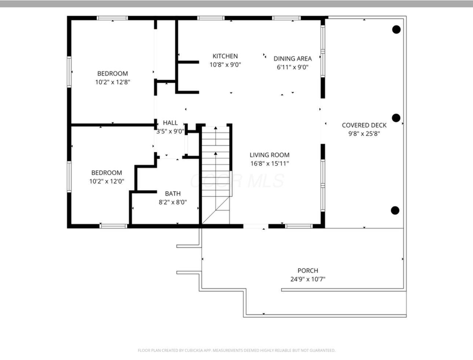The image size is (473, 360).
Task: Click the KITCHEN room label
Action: pos(225,56)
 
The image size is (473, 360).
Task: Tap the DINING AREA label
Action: pos(293,59)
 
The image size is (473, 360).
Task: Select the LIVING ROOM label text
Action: pos(269,155)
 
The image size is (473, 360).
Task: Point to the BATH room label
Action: pos(173,194)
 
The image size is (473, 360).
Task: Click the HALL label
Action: pos(170,123)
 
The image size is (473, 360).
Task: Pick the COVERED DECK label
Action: pos(364,125)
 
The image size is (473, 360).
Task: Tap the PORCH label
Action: pos(308,270)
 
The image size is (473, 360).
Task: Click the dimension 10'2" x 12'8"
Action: pos(113,82)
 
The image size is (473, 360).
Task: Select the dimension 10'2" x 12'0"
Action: pos(107,181)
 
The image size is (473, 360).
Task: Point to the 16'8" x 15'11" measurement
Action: pos(269,164)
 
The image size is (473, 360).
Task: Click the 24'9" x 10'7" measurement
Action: pos(308,279)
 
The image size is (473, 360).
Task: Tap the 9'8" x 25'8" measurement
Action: pos(364,134)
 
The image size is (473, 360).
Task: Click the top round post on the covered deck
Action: pos(396,29)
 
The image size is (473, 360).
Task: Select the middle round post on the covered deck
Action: pos(396,118)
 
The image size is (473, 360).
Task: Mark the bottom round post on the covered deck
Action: pos(395,210)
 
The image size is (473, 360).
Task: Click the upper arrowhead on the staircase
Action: pos(216,128)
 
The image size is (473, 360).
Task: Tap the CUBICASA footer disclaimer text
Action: pos(236,350)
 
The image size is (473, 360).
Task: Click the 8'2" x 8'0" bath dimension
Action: pos(173,202)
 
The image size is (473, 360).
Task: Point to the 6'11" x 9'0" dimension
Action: pos(293,67)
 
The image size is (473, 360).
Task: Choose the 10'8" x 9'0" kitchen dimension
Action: pos(225,65)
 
